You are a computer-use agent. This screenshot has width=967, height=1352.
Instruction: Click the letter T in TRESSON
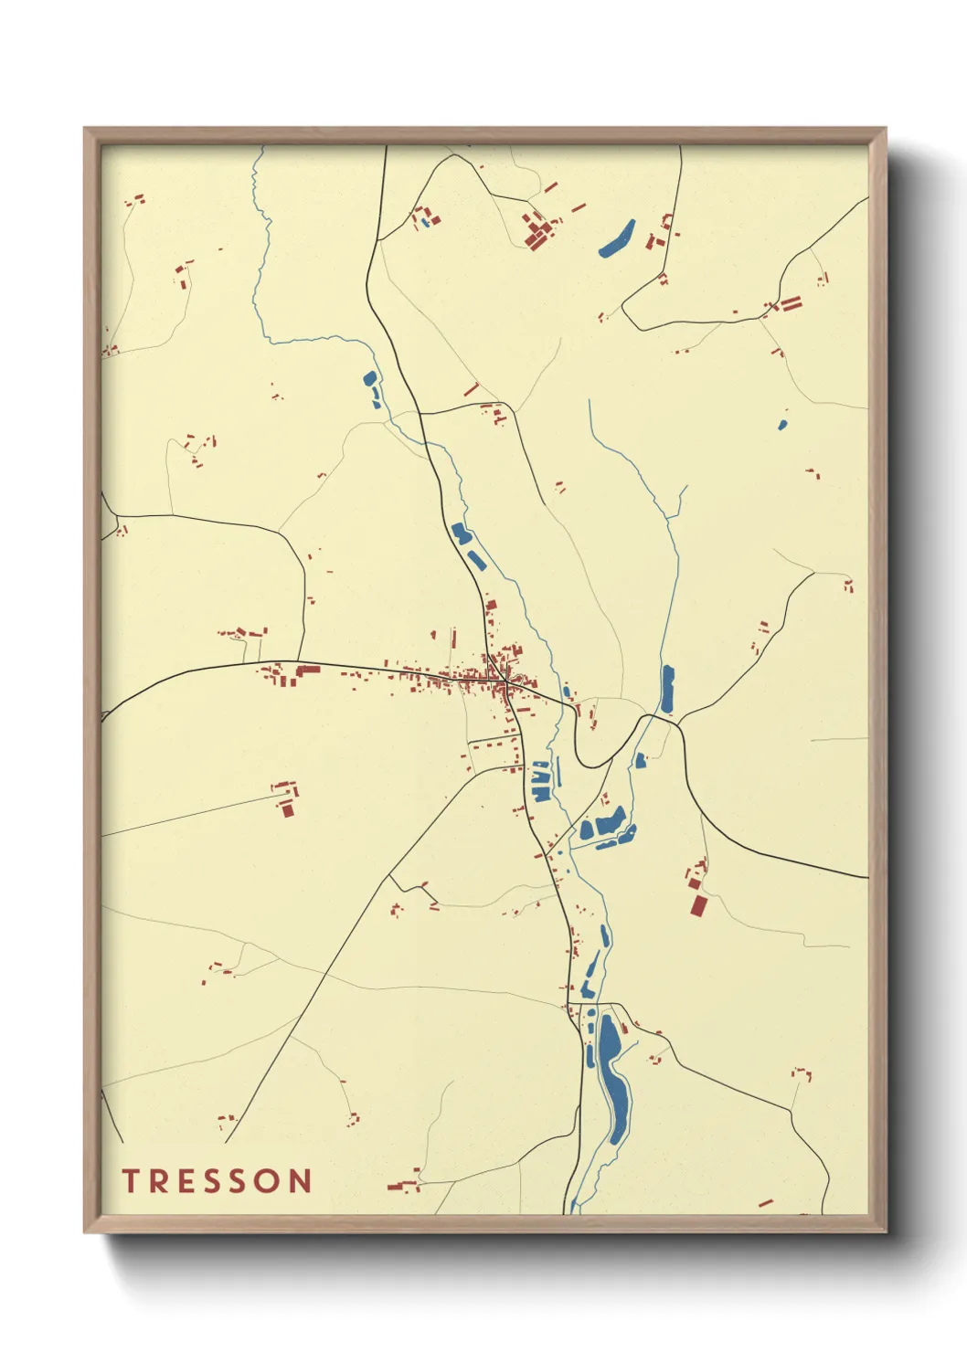tap(130, 1181)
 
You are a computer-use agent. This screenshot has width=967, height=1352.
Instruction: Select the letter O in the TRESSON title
tap(265, 1181)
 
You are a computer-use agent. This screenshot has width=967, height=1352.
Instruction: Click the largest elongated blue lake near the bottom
tap(613, 1078)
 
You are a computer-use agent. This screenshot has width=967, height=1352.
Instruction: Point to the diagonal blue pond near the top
tap(617, 238)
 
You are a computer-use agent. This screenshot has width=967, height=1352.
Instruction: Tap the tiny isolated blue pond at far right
tap(782, 425)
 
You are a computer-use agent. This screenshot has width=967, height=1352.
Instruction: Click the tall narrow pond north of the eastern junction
tap(667, 690)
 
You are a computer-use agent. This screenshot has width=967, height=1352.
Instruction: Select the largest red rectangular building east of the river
tap(699, 904)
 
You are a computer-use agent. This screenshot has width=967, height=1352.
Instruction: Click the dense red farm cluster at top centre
tap(537, 230)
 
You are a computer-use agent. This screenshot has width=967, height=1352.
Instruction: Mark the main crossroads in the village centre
tap(505, 681)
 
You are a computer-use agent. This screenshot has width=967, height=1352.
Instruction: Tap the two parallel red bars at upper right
tap(789, 303)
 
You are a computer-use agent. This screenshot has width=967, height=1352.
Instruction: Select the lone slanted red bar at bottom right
tap(766, 1203)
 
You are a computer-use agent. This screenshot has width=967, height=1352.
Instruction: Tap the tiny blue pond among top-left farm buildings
tap(425, 221)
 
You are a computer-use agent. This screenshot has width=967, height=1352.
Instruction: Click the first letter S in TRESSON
tap(202, 1181)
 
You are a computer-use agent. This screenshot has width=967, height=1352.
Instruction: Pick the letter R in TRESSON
tap(155, 1181)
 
